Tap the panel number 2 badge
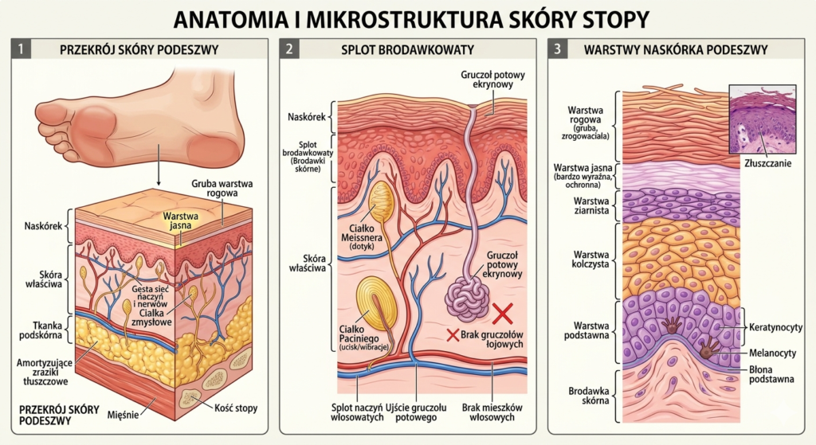coord(289,49)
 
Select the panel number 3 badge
coord(558,49)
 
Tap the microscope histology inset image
coord(763,119)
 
